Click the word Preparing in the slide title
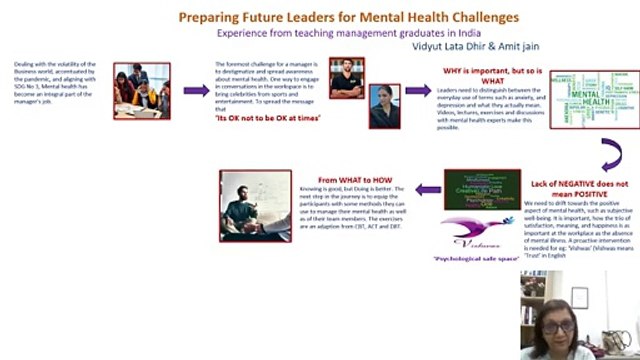point(207,17)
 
